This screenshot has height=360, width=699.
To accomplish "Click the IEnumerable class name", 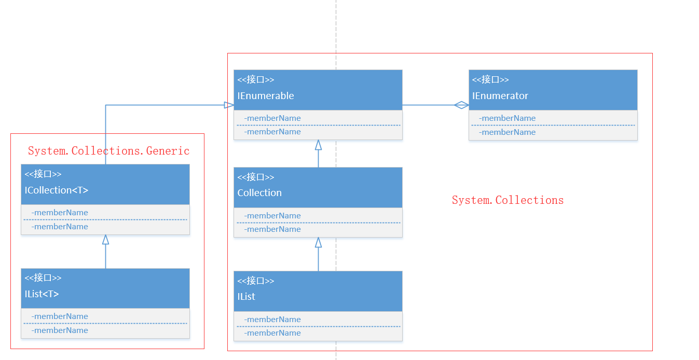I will point(266,96).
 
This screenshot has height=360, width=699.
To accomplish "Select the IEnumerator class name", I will point(500,96).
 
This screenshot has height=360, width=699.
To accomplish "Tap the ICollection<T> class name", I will point(57,190).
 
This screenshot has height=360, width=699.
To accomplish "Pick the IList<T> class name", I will point(42,294).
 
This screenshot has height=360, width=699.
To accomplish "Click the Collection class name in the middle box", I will point(259,193).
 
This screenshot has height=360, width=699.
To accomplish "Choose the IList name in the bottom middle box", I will point(246,297).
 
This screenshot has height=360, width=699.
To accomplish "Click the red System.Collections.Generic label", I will point(108,151).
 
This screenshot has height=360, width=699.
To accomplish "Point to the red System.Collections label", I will point(508,200).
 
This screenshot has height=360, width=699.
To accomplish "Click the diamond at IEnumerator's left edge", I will point(461,105).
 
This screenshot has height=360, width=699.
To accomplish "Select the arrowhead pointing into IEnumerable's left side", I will point(229,105).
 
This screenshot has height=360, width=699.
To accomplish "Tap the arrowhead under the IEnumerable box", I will point(318,145).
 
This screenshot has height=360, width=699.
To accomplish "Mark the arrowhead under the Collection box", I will point(318,242).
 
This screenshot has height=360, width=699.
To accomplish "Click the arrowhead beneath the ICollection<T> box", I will point(105,240).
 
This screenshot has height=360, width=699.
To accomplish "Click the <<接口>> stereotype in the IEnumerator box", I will point(490,80).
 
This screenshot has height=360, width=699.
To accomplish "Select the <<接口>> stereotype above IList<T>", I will point(43,278).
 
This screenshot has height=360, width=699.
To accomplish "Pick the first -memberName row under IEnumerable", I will point(272,118).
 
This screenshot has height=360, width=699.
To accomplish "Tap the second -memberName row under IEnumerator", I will point(507,132).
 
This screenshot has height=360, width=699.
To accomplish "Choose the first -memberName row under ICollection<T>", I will point(60,213).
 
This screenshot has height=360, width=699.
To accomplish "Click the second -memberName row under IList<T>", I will point(60,330).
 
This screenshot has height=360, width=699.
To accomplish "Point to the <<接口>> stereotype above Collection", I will point(256,177).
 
